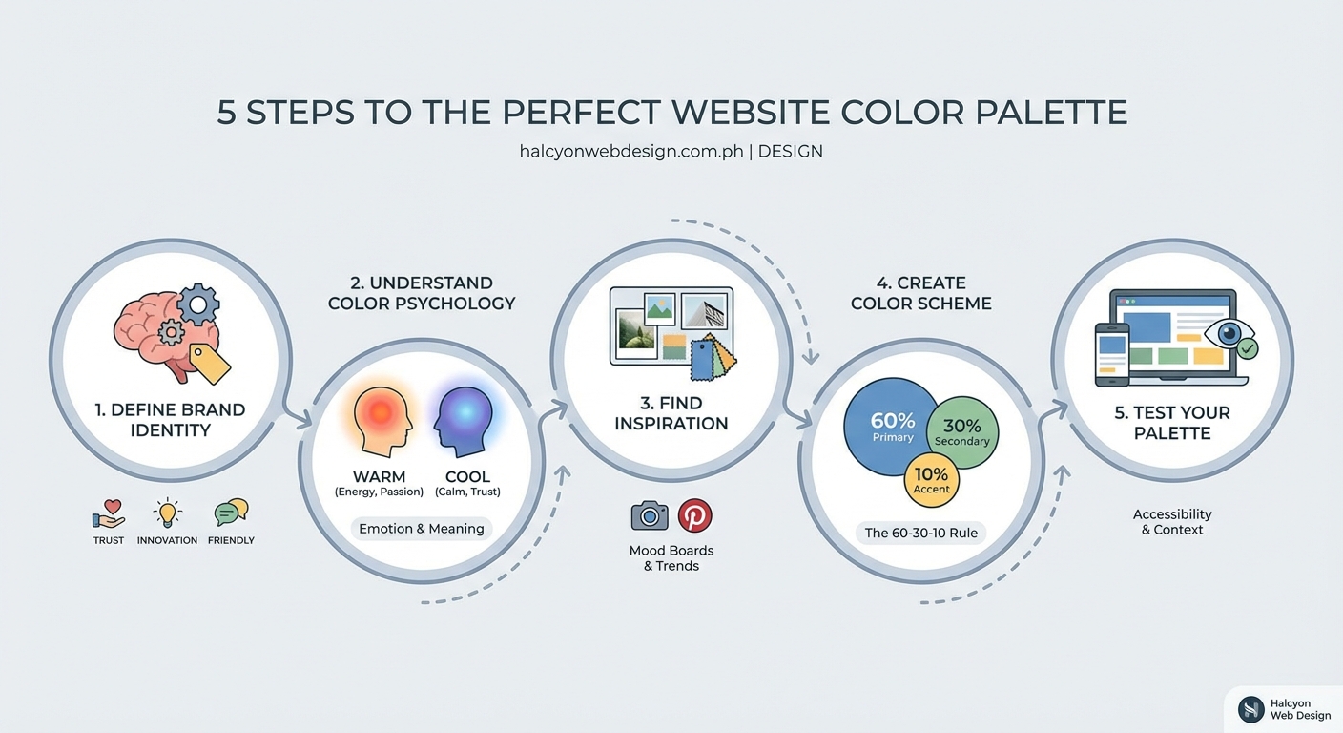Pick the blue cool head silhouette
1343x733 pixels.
(x=464, y=419)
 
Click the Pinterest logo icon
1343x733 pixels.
(x=694, y=516)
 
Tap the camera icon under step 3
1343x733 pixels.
(x=650, y=516)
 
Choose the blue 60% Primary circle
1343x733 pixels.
(x=891, y=425)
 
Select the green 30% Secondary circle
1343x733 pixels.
(x=963, y=433)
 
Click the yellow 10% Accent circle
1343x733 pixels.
(x=931, y=480)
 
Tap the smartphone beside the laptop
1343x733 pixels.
(x=1111, y=354)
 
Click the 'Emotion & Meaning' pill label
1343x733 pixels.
(x=422, y=529)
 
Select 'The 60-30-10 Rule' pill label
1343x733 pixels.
(x=920, y=533)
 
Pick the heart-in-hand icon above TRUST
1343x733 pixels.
(x=109, y=514)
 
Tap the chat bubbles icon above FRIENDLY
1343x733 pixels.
(x=231, y=513)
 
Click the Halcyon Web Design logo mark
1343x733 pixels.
(x=1250, y=708)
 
